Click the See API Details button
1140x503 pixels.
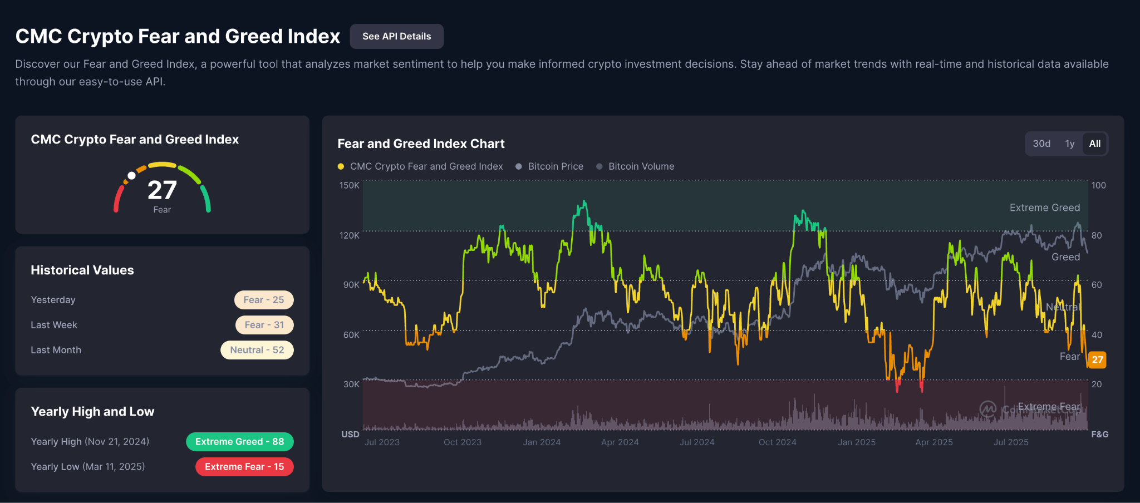click(x=396, y=36)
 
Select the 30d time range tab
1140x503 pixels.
click(x=1041, y=144)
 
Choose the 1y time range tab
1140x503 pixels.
click(x=1069, y=144)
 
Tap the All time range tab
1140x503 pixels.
click(x=1094, y=144)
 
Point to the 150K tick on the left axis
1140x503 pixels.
click(x=350, y=185)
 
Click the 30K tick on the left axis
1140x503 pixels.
click(x=351, y=384)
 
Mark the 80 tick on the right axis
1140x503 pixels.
click(x=1096, y=235)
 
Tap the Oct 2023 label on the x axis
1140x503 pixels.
click(x=462, y=442)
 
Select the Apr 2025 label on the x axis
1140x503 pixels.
click(x=933, y=442)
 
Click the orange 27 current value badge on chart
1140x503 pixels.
click(x=1097, y=359)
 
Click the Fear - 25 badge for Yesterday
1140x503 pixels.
click(x=264, y=300)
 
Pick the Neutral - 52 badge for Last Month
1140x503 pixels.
click(x=257, y=350)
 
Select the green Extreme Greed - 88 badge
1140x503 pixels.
click(x=239, y=442)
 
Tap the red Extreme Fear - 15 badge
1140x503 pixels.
click(x=244, y=467)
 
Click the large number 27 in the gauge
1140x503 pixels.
click(x=162, y=190)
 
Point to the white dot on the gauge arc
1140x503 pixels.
click(x=131, y=176)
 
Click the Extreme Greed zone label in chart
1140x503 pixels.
click(x=1044, y=208)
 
